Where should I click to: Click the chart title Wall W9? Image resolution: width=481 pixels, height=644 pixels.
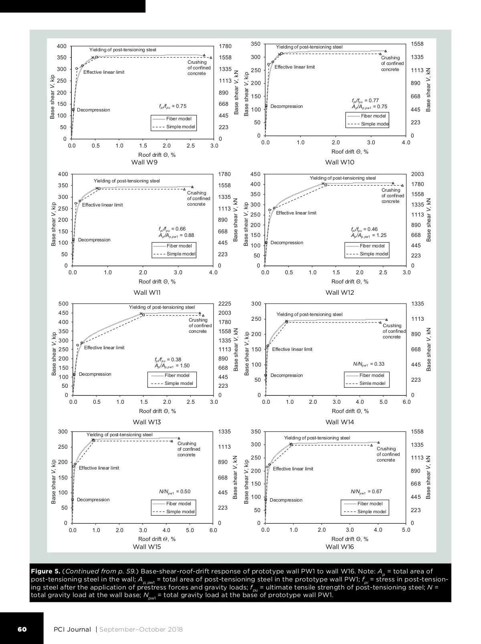(144, 162)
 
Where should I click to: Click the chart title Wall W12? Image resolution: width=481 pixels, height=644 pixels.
(340, 292)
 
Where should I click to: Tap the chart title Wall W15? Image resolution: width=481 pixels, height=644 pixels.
(147, 547)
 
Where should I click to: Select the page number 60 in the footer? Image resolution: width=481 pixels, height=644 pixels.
(22, 629)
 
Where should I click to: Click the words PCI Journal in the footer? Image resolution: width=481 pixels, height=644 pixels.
(73, 629)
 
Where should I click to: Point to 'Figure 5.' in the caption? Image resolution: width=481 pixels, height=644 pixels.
(45, 571)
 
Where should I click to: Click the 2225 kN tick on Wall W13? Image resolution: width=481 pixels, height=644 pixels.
(225, 304)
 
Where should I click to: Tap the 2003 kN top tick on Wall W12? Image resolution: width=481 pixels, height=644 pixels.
(417, 174)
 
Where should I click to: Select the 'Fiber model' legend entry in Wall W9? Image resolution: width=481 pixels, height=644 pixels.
(179, 119)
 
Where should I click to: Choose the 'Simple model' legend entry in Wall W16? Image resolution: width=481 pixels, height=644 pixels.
(372, 512)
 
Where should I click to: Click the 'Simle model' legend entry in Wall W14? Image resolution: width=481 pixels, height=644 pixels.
(372, 383)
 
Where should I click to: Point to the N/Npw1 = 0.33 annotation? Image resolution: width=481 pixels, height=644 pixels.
(368, 364)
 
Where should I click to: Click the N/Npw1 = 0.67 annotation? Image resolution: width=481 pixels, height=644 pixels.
(366, 492)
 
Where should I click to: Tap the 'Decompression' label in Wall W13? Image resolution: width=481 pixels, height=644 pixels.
(95, 374)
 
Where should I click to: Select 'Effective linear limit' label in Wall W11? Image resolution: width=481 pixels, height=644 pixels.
(103, 205)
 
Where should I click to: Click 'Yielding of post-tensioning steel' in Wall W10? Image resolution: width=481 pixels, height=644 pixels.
(309, 47)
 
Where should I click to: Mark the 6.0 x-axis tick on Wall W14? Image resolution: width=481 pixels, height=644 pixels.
(406, 402)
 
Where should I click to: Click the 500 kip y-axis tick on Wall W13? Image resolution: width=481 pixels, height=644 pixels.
(63, 304)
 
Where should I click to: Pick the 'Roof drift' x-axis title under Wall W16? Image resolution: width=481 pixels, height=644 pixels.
(350, 539)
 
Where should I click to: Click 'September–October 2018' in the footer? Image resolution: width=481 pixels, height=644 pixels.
(141, 629)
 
